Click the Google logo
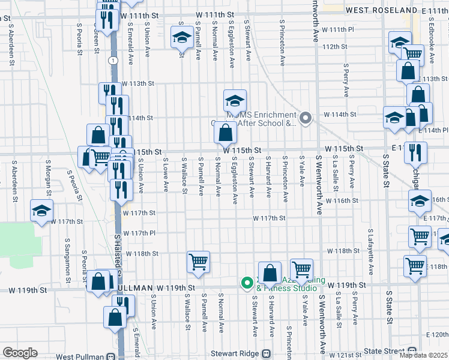(x=19, y=353)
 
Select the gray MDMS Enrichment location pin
(x=306, y=118)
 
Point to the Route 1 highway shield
(x=112, y=61)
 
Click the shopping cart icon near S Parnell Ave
(x=198, y=262)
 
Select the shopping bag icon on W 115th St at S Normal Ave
(x=225, y=133)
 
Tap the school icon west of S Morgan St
(x=42, y=211)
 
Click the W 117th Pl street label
(x=139, y=233)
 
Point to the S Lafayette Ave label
(x=372, y=251)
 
